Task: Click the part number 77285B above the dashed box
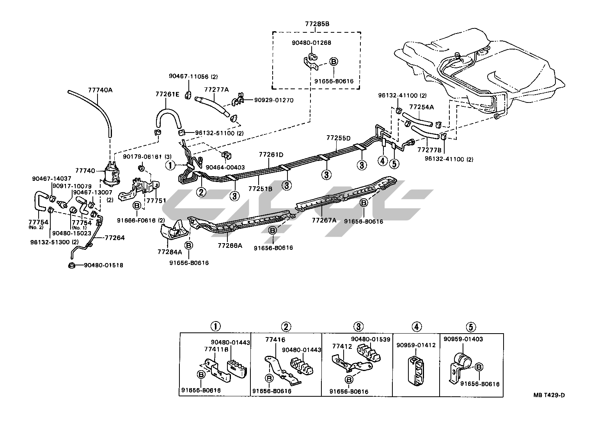[317, 24]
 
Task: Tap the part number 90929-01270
[274, 100]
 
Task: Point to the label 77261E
[167, 94]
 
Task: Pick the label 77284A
[170, 252]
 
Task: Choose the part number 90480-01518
[104, 265]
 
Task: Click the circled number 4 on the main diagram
[383, 161]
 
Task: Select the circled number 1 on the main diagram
[170, 165]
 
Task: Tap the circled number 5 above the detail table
[471, 326]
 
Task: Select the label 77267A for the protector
[324, 220]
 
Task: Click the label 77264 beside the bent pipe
[115, 237]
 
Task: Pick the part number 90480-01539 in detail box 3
[371, 339]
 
